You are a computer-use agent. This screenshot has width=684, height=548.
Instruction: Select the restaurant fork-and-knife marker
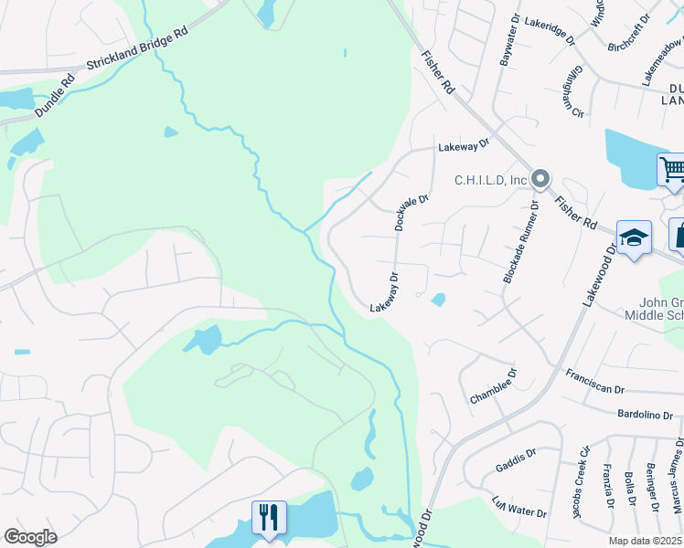pyautogui.click(x=269, y=517)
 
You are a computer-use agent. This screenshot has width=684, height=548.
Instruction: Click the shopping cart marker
pyautogui.click(x=672, y=169)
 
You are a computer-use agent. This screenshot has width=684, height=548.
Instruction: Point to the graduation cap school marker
pyautogui.click(x=634, y=238)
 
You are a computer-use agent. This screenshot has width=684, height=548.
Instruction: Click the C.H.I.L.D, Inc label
pyautogui.click(x=491, y=180)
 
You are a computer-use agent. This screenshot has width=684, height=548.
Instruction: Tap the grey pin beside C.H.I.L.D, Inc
pyautogui.click(x=540, y=180)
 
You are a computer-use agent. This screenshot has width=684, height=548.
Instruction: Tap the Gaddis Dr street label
pyautogui.click(x=517, y=457)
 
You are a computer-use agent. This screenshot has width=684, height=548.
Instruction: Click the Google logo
pyautogui.click(x=30, y=537)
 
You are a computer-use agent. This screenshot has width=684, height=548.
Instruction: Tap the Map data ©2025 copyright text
pyautogui.click(x=645, y=541)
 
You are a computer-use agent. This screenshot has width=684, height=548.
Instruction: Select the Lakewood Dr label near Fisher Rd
pyautogui.click(x=601, y=274)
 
